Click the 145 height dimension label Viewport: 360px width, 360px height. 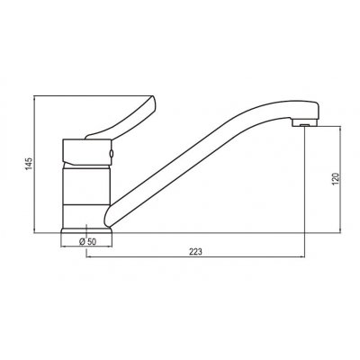click(29, 164)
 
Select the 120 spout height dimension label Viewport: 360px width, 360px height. click(336, 179)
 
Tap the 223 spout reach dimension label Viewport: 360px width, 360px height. click(195, 252)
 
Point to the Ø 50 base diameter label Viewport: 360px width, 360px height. click(88, 242)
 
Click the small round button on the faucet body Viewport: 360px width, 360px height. click(112, 154)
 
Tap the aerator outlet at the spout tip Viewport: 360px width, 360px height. click(304, 124)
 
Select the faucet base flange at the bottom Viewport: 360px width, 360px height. click(86, 230)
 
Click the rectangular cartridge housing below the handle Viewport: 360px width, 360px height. click(87, 152)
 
